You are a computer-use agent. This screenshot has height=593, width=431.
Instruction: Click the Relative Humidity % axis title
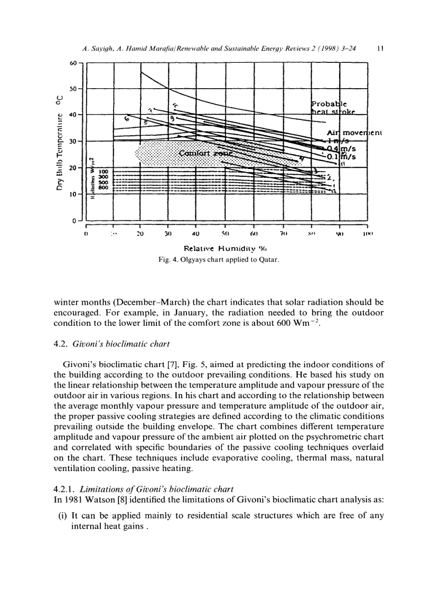[226, 248]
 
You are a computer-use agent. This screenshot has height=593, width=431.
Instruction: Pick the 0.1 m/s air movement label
[340, 157]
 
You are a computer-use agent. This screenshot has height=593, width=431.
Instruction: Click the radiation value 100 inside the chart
[103, 172]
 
